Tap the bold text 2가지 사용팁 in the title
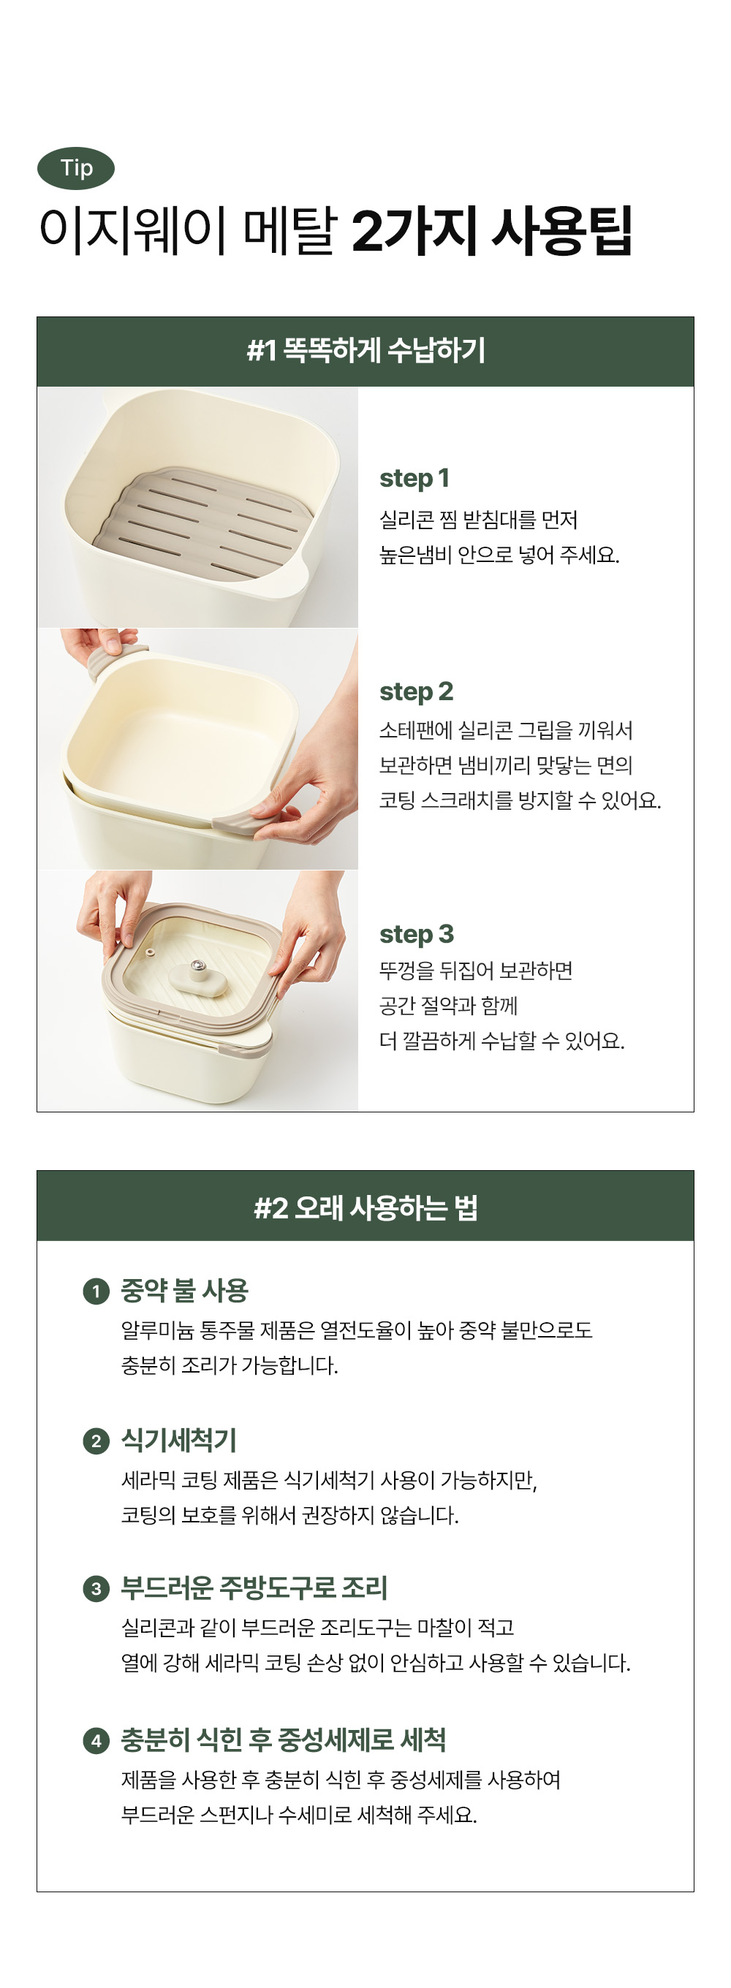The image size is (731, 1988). [x=492, y=230]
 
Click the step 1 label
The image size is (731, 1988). [x=414, y=479]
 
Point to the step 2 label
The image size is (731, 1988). [x=416, y=691]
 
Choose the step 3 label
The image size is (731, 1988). [x=416, y=934]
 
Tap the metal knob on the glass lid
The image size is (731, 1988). [x=199, y=965]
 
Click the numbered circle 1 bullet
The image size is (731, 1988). [x=96, y=1291]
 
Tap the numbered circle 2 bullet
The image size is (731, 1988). [x=96, y=1441]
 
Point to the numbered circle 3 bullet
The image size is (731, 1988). [x=96, y=1589]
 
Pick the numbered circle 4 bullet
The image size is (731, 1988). [x=96, y=1740]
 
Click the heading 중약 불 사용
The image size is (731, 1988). [x=184, y=1290]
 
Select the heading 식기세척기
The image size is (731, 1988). [x=178, y=1440]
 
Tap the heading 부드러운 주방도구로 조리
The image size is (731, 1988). [x=254, y=1588]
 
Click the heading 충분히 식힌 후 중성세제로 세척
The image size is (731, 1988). [x=284, y=1739]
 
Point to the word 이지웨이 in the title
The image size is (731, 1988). [x=132, y=230]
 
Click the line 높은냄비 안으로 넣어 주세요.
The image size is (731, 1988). [x=499, y=555]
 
